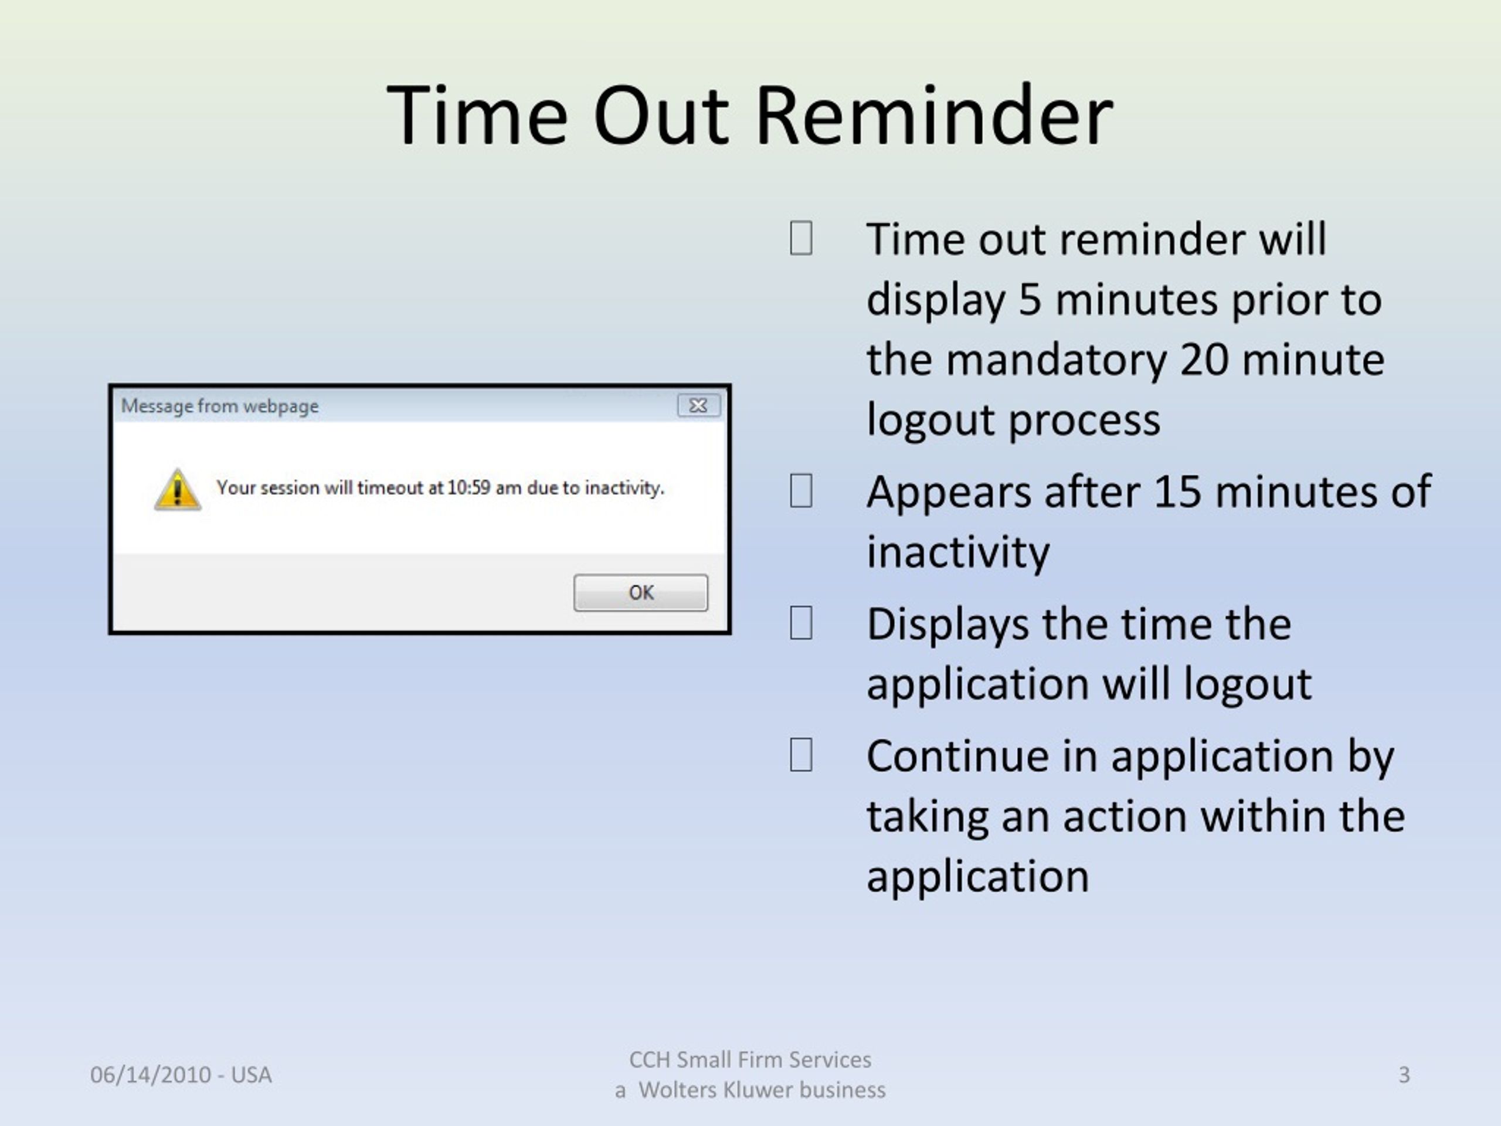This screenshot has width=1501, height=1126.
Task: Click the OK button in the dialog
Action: pyautogui.click(x=641, y=592)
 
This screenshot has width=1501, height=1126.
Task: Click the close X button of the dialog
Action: pyautogui.click(x=698, y=405)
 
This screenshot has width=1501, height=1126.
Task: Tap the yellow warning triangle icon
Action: pyautogui.click(x=177, y=489)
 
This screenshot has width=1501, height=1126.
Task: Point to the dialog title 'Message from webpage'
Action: pyautogui.click(x=220, y=406)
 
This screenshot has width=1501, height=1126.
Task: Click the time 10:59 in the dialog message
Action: pyautogui.click(x=468, y=487)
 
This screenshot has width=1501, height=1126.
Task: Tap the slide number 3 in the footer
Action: pyautogui.click(x=1404, y=1074)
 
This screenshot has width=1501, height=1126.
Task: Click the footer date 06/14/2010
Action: pyautogui.click(x=151, y=1074)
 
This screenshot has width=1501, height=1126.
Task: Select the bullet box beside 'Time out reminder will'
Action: pyautogui.click(x=801, y=238)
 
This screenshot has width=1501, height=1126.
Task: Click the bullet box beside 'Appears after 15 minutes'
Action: pyautogui.click(x=801, y=491)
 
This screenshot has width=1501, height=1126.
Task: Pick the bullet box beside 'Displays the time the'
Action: pyautogui.click(x=801, y=622)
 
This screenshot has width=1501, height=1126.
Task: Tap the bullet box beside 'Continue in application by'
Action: pyautogui.click(x=801, y=754)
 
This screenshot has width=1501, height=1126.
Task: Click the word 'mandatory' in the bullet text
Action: pyautogui.click(x=1057, y=361)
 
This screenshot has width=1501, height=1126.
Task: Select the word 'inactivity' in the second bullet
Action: pyautogui.click(x=958, y=552)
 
